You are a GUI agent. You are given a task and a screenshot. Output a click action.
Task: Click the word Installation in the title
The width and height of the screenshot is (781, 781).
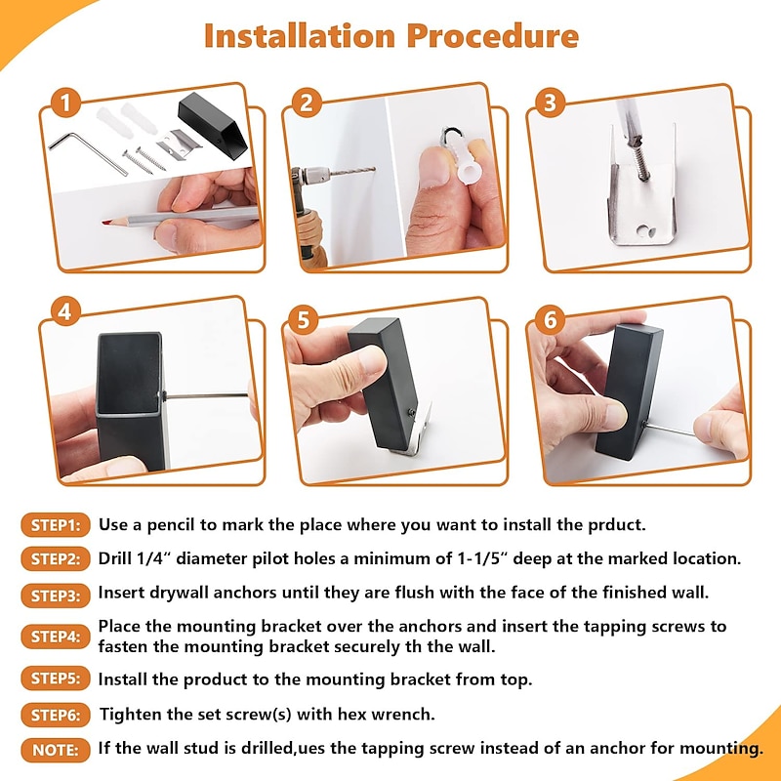tap(300, 36)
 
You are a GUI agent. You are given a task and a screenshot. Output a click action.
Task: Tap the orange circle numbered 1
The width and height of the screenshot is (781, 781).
tap(65, 103)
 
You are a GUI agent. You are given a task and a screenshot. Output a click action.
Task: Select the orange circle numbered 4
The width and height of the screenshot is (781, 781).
tap(65, 311)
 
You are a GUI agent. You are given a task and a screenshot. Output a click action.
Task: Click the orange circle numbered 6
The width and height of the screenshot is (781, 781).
tap(550, 319)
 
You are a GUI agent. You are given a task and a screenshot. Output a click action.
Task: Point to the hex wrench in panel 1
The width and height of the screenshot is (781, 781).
tap(88, 152)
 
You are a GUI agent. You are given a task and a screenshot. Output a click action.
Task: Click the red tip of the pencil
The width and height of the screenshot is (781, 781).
tap(106, 222)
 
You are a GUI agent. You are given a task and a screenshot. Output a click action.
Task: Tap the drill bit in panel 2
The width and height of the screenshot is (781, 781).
tap(351, 172)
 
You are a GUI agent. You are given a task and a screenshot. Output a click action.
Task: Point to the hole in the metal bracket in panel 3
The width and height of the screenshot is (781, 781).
tap(644, 231)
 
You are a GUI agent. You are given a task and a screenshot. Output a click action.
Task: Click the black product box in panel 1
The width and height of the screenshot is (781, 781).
tap(213, 125)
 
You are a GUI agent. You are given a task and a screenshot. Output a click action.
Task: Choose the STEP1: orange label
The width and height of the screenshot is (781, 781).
tap(56, 525)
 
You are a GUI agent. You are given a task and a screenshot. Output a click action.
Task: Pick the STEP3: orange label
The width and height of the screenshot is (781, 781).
tap(56, 596)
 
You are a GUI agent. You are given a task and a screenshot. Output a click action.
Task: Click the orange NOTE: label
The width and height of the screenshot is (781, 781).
tap(56, 750)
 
